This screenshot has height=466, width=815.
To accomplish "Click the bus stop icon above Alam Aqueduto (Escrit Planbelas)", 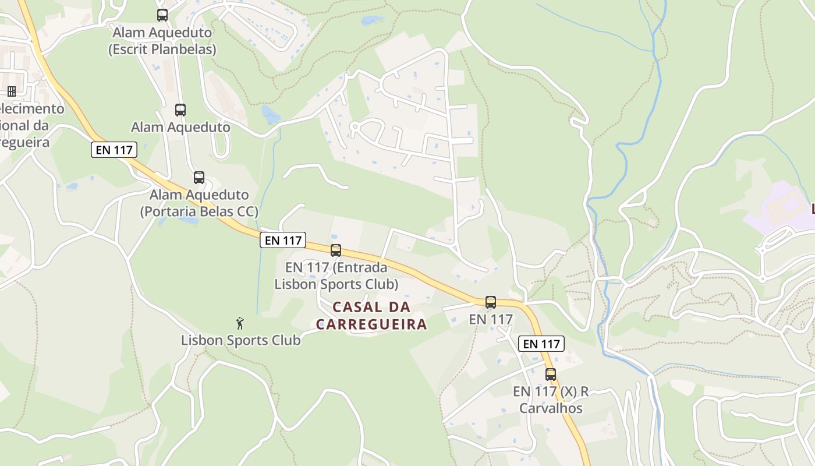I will pyautogui.click(x=162, y=15).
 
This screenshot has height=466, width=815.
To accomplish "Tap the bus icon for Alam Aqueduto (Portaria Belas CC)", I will pyautogui.click(x=199, y=178).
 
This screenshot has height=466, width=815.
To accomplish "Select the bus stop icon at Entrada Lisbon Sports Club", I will pyautogui.click(x=336, y=250).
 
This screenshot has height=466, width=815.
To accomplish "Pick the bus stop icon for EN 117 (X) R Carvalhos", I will pyautogui.click(x=551, y=375).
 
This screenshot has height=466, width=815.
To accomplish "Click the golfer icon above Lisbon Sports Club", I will pyautogui.click(x=240, y=323).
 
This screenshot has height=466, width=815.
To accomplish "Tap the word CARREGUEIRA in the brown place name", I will pyautogui.click(x=372, y=324).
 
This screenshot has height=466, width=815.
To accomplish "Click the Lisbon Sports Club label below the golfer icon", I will pyautogui.click(x=241, y=340).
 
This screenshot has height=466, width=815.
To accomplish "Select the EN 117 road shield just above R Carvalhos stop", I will pyautogui.click(x=541, y=344).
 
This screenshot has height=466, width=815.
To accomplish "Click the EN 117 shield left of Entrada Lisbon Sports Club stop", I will pyautogui.click(x=283, y=240).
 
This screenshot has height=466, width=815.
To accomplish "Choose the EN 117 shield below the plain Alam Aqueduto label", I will pyautogui.click(x=114, y=150).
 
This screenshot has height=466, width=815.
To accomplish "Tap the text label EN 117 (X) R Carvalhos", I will pyautogui.click(x=551, y=400).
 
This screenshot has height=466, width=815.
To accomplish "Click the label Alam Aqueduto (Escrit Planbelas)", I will pyautogui.click(x=162, y=41).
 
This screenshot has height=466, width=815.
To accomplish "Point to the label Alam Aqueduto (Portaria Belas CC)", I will pyautogui.click(x=199, y=203).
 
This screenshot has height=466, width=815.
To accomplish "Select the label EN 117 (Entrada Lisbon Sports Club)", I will pyautogui.click(x=336, y=276).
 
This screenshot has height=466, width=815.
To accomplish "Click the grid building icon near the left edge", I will pyautogui.click(x=12, y=91).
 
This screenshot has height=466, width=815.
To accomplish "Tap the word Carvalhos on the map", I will pyautogui.click(x=551, y=408).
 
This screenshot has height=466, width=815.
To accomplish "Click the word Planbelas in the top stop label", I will pyautogui.click(x=183, y=50).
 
